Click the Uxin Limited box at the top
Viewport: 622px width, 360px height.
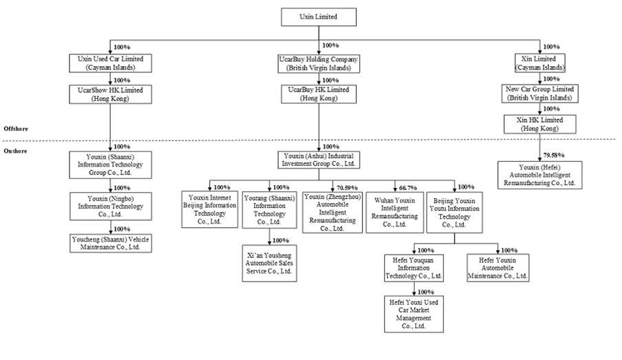(x=318, y=17)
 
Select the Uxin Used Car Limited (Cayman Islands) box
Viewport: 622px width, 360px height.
(x=110, y=64)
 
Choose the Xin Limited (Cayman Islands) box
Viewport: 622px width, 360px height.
(x=540, y=64)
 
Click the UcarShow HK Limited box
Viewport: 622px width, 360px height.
(x=110, y=94)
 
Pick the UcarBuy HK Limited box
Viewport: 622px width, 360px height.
(x=320, y=94)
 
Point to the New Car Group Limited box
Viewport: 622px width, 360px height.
(x=540, y=94)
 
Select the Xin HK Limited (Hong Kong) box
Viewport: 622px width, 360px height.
(x=540, y=124)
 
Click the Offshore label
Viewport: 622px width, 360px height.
(x=16, y=129)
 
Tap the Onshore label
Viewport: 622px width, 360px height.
(x=16, y=151)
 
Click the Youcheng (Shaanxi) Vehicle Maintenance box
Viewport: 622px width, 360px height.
(x=110, y=242)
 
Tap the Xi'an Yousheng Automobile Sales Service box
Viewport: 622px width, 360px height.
(x=270, y=263)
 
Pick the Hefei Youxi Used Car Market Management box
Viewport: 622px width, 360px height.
(x=414, y=314)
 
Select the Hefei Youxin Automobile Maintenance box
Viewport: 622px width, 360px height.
(x=498, y=267)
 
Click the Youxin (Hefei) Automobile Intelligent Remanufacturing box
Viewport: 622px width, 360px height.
(x=540, y=176)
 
